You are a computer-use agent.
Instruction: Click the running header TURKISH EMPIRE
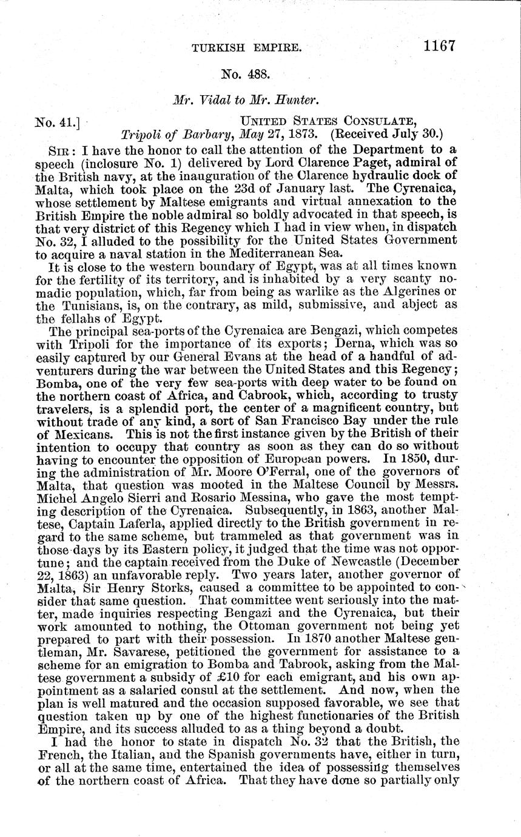[246, 47]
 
